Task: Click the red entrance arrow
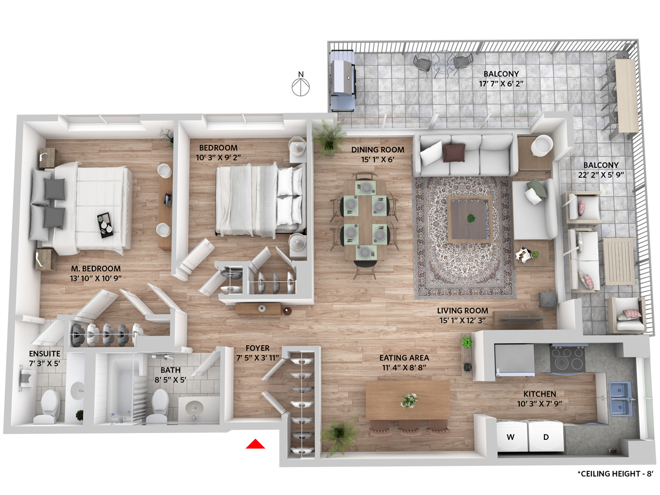tap(255, 443)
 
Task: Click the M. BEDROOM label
tap(96, 269)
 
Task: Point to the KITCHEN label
tap(539, 394)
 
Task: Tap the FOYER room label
tap(257, 348)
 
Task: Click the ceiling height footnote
tap(615, 474)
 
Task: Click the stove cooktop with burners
tap(567, 359)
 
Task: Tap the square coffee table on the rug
tap(469, 219)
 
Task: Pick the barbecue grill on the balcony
tap(343, 81)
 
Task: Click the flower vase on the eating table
tap(409, 401)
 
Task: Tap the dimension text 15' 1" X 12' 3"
tap(463, 320)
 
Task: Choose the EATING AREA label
tap(404, 358)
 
